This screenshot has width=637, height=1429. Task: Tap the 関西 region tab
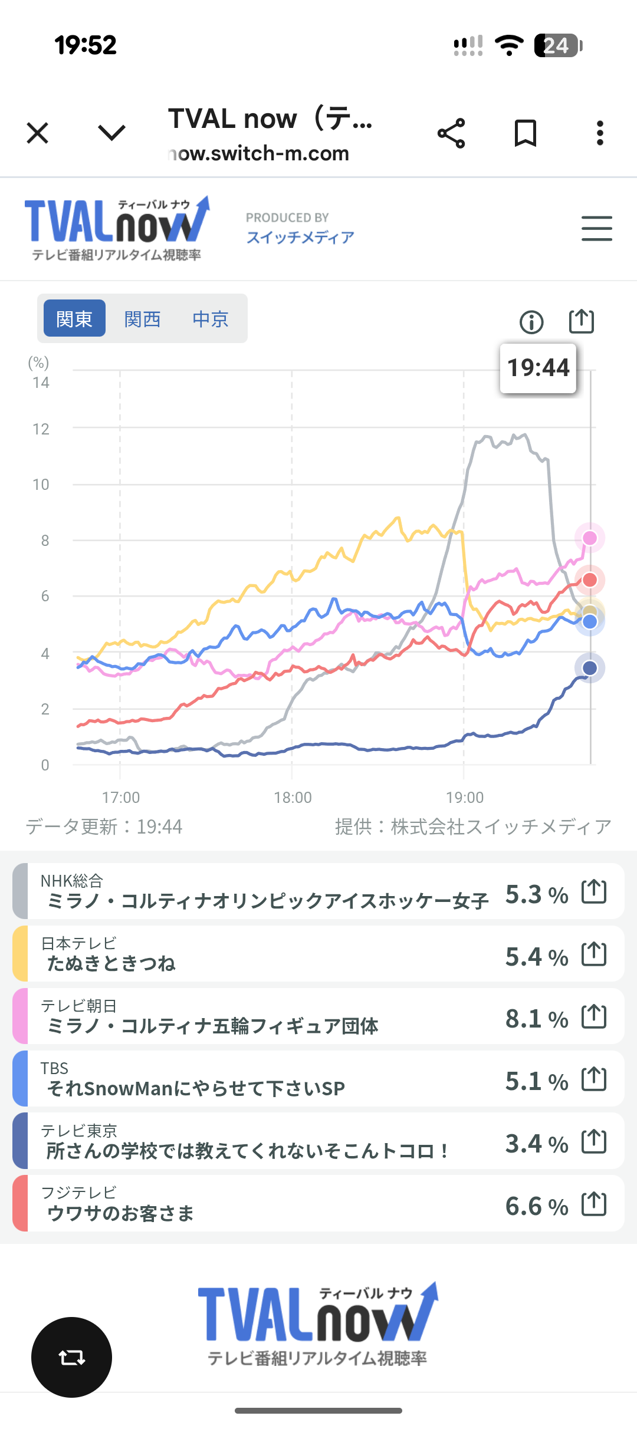pyautogui.click(x=142, y=319)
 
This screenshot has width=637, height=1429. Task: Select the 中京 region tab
pyautogui.click(x=211, y=319)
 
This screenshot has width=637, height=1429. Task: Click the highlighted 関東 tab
pyautogui.click(x=74, y=319)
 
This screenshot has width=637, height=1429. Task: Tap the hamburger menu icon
pyautogui.click(x=596, y=228)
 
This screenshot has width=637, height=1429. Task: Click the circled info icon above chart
pyautogui.click(x=531, y=322)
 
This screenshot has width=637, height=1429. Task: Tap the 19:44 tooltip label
pyautogui.click(x=538, y=368)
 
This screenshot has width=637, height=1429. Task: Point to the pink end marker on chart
pyautogui.click(x=590, y=538)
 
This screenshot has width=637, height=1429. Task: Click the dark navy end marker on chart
pyautogui.click(x=590, y=668)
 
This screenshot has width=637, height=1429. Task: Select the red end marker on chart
pyautogui.click(x=590, y=580)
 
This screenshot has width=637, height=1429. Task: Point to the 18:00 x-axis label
pyautogui.click(x=293, y=798)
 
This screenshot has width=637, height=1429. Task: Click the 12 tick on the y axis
pyautogui.click(x=41, y=429)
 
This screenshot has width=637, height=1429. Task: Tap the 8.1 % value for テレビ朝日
pyautogui.click(x=536, y=1019)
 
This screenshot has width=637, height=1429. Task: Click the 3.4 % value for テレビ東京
pyautogui.click(x=536, y=1144)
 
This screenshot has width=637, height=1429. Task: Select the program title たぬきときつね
pyautogui.click(x=111, y=963)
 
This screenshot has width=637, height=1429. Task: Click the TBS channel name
pyautogui.click(x=54, y=1068)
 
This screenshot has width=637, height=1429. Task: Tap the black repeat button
pyautogui.click(x=71, y=1357)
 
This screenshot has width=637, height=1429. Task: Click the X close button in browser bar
pyautogui.click(x=38, y=133)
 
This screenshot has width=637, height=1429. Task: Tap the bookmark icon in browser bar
pyautogui.click(x=525, y=133)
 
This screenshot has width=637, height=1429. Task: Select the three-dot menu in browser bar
pyautogui.click(x=600, y=133)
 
